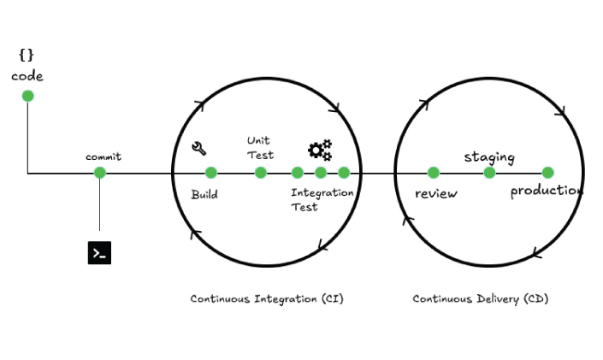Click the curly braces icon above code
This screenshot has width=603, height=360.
[x=27, y=56]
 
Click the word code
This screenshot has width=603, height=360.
[x=27, y=76]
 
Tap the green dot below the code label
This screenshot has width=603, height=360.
[x=27, y=95]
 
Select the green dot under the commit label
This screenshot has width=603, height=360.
[x=100, y=173]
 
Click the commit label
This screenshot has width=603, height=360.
[x=103, y=156]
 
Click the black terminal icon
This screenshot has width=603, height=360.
[x=99, y=252]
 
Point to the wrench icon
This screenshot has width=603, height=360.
[x=199, y=148]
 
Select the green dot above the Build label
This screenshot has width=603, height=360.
[x=211, y=173]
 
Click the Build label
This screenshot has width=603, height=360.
[x=204, y=194]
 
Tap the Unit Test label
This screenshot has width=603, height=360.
[x=260, y=147]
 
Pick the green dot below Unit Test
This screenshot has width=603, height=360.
[x=261, y=173]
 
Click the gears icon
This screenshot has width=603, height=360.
[x=320, y=150]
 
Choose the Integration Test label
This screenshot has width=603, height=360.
[x=322, y=199]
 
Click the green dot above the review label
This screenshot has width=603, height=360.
[x=434, y=173]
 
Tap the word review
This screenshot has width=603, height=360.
[x=436, y=193]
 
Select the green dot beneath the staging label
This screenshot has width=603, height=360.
[x=490, y=173]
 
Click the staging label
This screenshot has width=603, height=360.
[x=489, y=156]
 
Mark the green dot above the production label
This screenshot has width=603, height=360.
[x=548, y=173]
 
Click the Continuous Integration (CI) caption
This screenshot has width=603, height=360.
[x=267, y=298]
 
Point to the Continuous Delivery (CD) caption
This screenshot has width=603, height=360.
[x=481, y=298]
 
